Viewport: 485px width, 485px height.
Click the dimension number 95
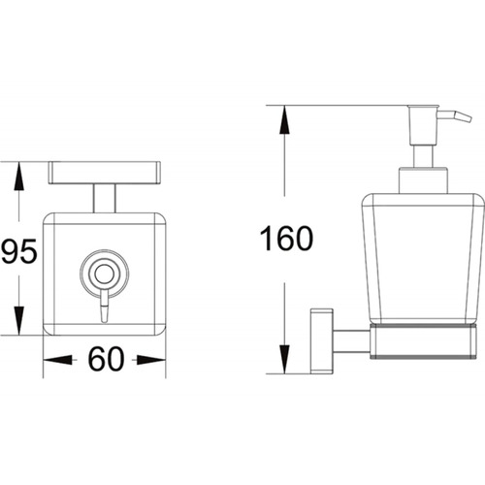pyautogui.click(x=18, y=251)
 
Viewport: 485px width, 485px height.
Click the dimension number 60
pyautogui.click(x=106, y=359)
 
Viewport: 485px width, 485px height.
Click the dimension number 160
pyautogui.click(x=286, y=239)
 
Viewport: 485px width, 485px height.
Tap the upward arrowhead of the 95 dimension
pyautogui.click(x=18, y=176)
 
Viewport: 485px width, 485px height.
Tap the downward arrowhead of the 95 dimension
pyautogui.click(x=18, y=320)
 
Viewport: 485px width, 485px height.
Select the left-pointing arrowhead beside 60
pyautogui.click(x=58, y=360)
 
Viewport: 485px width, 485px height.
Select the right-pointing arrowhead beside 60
pyautogui.click(x=151, y=360)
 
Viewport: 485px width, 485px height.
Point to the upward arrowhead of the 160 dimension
pyautogui.click(x=284, y=119)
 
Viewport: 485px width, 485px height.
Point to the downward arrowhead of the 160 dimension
pyautogui.click(x=284, y=360)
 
